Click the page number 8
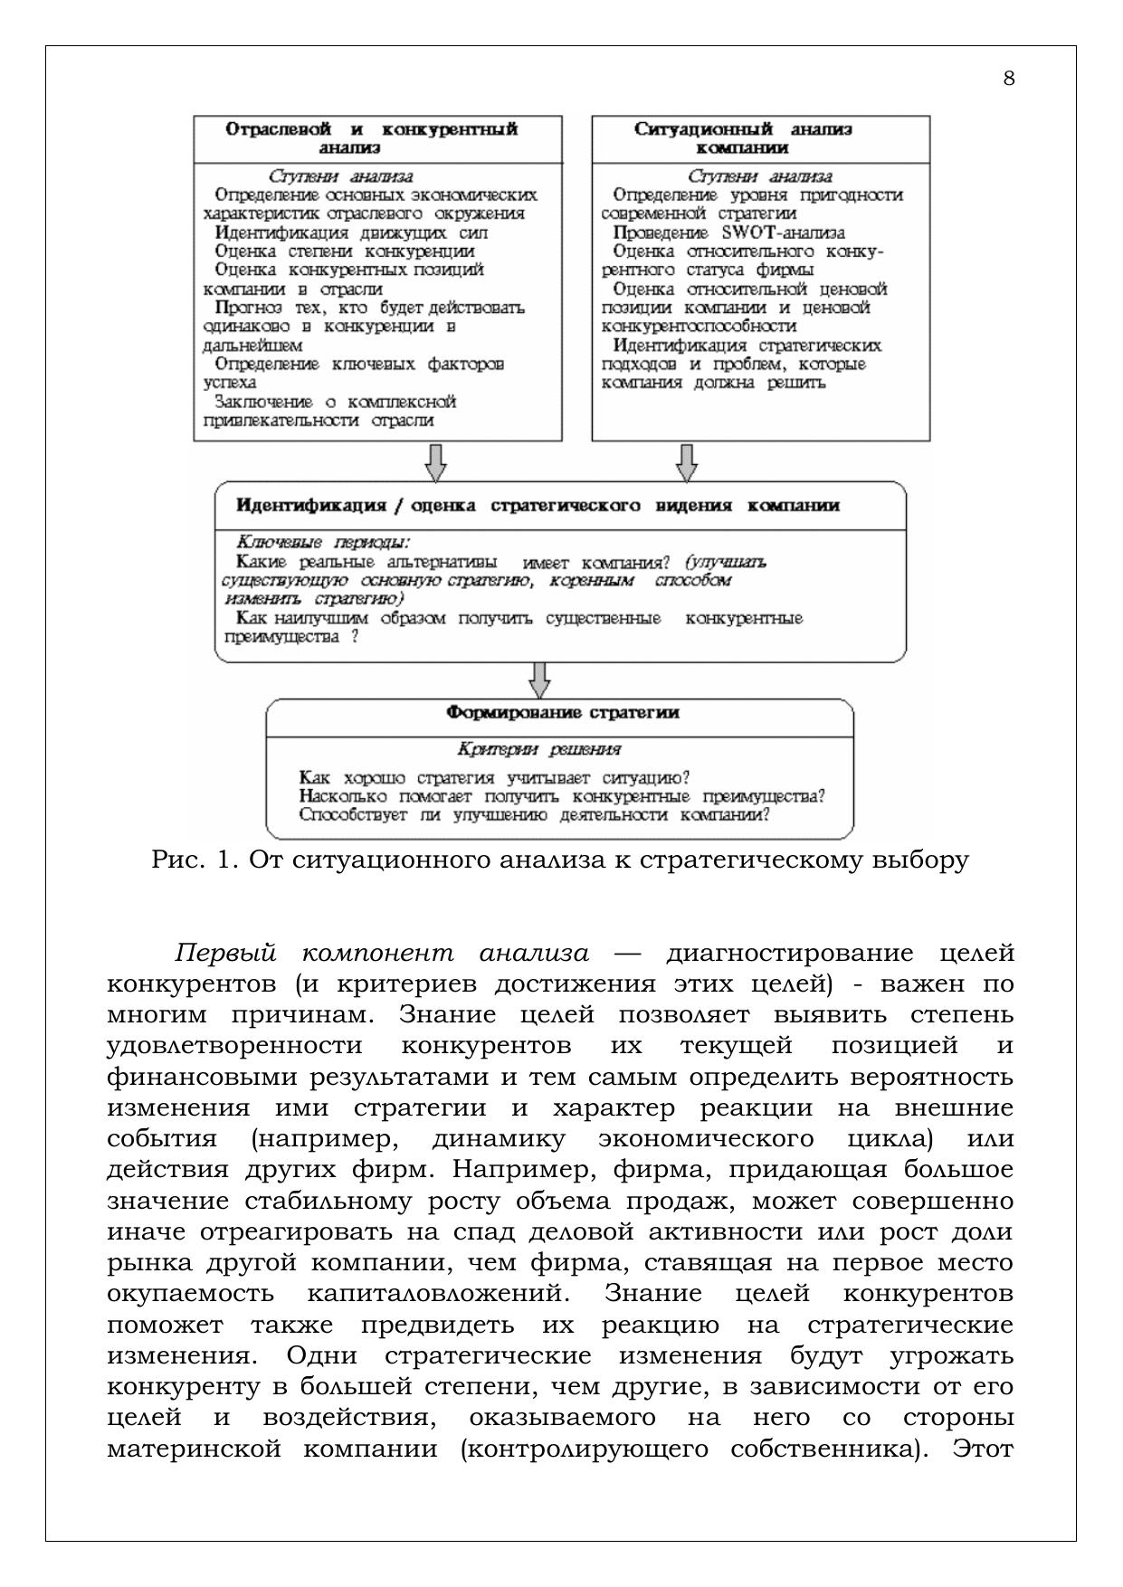pyautogui.click(x=1009, y=79)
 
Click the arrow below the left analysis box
pyautogui.click(x=435, y=462)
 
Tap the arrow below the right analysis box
pyautogui.click(x=687, y=462)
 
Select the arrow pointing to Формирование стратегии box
pyautogui.click(x=540, y=681)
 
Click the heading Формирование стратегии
pyautogui.click(x=563, y=713)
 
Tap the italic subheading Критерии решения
pyautogui.click(x=539, y=749)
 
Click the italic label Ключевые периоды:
pyautogui.click(x=322, y=542)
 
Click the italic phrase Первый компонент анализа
pyautogui.click(x=382, y=954)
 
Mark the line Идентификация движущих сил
pyautogui.click(x=352, y=233)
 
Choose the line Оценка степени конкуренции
pyautogui.click(x=345, y=252)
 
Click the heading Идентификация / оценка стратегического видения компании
pyautogui.click(x=538, y=506)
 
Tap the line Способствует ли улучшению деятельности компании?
pyautogui.click(x=534, y=814)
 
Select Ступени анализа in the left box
pyautogui.click(x=341, y=176)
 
